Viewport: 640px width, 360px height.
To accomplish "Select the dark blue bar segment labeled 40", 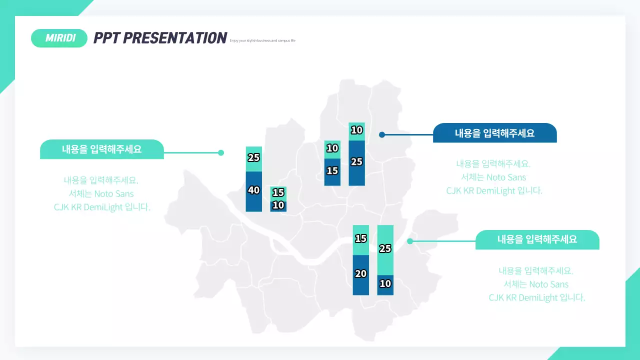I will [254, 191].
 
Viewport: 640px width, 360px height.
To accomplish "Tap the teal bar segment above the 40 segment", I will [254, 158].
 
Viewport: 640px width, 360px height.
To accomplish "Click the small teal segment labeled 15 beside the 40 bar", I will [278, 192].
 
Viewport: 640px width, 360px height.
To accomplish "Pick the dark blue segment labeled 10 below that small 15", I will [278, 205].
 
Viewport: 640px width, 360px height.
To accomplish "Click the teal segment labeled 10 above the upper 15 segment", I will [332, 149].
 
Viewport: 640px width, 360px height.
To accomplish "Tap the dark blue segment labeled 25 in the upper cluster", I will [356, 163].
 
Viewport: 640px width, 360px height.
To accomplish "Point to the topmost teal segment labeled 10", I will [356, 131].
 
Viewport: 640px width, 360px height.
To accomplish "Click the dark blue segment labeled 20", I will [360, 275].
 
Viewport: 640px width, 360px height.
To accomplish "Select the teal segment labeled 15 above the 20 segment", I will [360, 239].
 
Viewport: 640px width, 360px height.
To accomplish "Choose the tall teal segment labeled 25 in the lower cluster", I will [385, 249].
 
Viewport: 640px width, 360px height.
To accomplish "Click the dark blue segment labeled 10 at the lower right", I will [385, 285].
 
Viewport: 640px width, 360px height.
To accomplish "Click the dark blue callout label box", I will [494, 133].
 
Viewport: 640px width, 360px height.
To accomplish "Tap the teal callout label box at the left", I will [101, 149].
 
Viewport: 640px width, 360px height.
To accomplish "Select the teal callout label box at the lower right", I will [537, 239].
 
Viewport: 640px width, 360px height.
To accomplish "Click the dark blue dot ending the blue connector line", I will [382, 134].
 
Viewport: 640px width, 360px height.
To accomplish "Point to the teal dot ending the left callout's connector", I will [221, 153].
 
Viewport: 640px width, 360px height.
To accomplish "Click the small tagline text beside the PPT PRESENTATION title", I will [262, 40].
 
